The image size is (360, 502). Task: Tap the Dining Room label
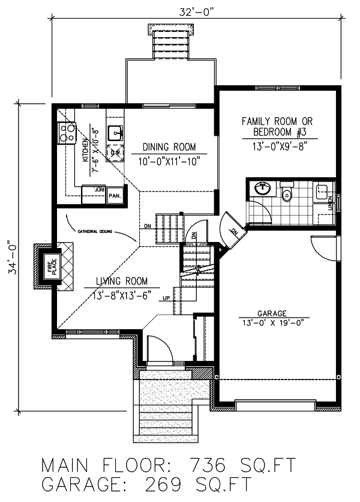click(169, 147)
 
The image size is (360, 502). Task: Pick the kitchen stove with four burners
click(65, 133)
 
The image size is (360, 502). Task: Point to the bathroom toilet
click(287, 192)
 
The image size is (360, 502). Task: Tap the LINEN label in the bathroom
click(331, 207)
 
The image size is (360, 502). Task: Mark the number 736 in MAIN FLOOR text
click(208, 466)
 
